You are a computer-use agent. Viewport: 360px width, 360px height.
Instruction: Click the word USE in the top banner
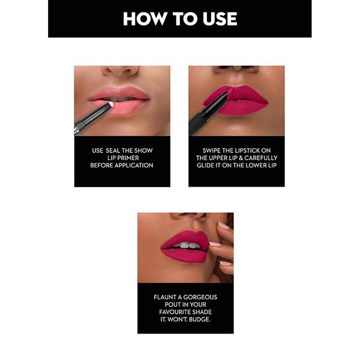(216, 19)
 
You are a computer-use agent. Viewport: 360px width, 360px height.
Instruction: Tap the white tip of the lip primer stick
(110, 105)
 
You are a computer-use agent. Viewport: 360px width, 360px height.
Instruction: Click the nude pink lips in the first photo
(120, 100)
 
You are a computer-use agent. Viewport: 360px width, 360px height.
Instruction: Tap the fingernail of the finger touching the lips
(214, 244)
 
